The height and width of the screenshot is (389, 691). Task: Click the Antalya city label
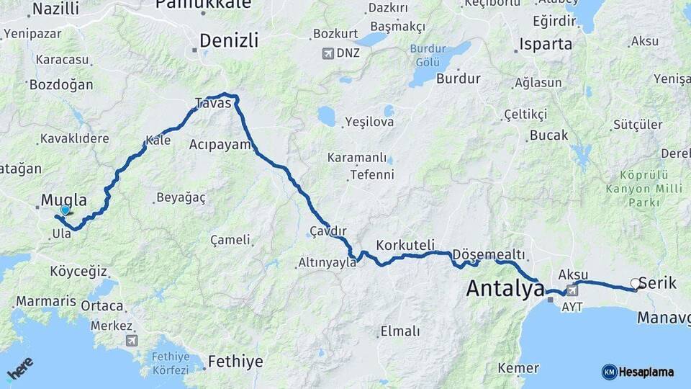pos(505,289)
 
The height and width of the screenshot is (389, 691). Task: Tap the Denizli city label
pos(229,41)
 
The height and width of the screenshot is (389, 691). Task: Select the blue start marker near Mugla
pos(66,210)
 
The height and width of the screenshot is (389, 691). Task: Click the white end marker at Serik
pos(635,284)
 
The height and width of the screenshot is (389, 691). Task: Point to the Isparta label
pos(546,44)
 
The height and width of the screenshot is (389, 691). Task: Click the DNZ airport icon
pos(329,53)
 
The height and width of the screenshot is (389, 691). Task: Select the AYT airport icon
pos(572,291)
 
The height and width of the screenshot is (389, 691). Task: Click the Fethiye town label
pos(235,362)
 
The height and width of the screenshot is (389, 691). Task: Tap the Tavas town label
pos(213,103)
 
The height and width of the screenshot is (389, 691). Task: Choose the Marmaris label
pos(46,301)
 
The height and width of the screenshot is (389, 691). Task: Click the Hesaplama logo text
pos(646,372)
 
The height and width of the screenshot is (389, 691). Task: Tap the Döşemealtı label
pos(489,255)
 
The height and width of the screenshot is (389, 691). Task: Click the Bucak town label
pos(548,135)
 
